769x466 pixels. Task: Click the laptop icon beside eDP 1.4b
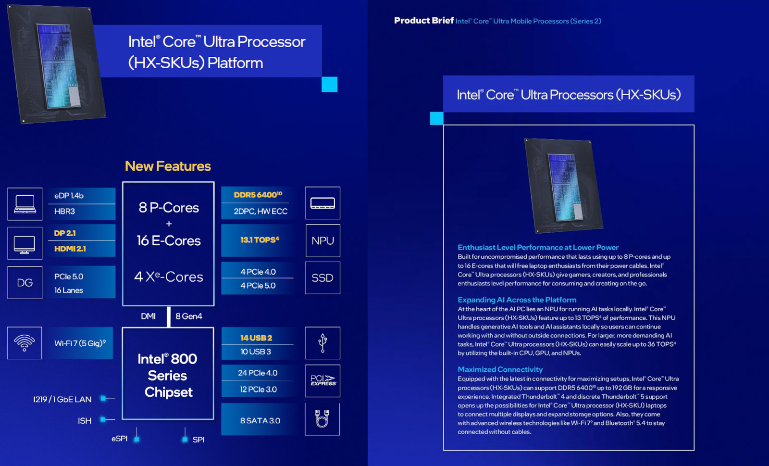(25, 204)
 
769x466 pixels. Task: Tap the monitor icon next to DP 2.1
(25, 245)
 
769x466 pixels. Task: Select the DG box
(25, 283)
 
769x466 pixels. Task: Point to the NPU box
(322, 241)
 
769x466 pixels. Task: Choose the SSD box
(322, 277)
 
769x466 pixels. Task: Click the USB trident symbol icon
(322, 343)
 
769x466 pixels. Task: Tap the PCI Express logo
(323, 380)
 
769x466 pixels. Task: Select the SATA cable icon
(322, 418)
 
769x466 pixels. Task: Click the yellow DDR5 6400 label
(258, 195)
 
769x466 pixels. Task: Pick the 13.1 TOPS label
(260, 239)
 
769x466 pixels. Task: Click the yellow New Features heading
(168, 166)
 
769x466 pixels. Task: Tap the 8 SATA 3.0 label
(260, 421)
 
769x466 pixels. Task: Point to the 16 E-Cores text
(169, 241)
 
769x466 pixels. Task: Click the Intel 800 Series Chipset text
(168, 375)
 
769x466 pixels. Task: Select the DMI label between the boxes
(149, 316)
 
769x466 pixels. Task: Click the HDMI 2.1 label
(70, 249)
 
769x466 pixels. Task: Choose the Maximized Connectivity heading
(500, 369)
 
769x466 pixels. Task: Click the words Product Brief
(423, 21)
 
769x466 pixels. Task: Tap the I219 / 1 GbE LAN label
(62, 399)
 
